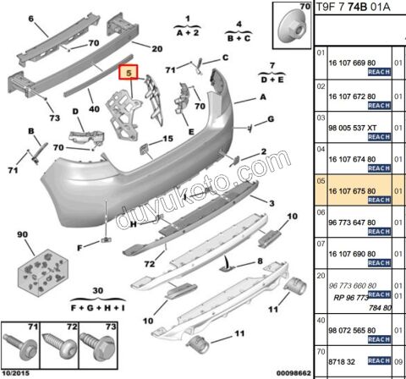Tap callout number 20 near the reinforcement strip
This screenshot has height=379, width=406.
156,48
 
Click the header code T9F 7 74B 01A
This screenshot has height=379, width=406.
354,8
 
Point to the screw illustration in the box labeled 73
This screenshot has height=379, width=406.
89,349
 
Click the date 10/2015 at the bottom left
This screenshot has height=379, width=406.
17,372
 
